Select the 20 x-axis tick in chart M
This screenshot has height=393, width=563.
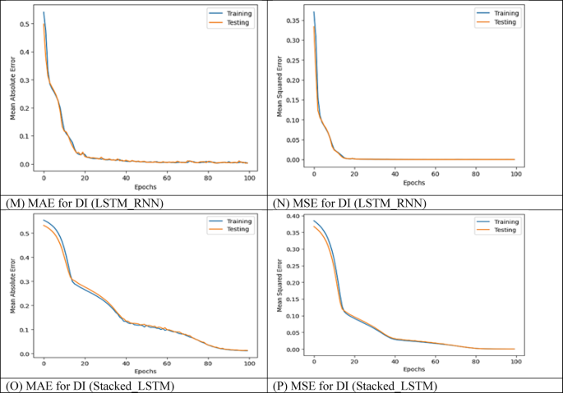(85, 176)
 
